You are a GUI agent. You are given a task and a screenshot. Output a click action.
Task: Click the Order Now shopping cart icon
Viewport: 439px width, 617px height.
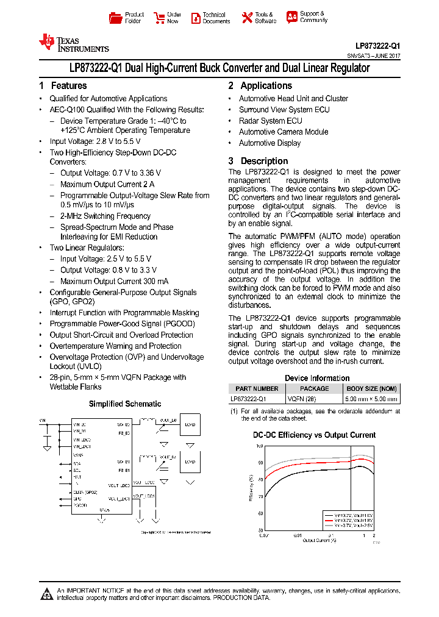159,18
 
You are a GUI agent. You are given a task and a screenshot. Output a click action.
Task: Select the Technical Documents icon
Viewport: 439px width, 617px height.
196,18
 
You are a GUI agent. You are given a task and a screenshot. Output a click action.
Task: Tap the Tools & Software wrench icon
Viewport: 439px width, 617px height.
247,18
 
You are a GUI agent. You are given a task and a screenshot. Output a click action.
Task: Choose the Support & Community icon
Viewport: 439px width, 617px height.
292,17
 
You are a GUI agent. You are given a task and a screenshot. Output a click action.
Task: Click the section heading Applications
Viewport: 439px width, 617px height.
266,86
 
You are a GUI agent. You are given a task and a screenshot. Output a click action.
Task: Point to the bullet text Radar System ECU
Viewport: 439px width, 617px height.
270,121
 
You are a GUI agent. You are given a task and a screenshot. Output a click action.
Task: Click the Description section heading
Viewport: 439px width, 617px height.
264,161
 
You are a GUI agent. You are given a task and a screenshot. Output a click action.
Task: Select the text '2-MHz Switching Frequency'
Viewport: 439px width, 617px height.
105,216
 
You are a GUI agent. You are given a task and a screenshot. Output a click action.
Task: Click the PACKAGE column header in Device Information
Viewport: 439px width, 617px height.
315,388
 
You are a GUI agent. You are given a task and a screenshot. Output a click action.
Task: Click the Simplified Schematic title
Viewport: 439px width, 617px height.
125,404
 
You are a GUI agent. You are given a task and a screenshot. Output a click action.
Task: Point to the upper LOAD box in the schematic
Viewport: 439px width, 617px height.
190,424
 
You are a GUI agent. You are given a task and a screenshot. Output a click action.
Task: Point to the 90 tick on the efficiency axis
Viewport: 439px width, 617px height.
260,463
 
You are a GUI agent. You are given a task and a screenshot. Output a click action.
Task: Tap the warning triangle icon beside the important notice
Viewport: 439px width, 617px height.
46,594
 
